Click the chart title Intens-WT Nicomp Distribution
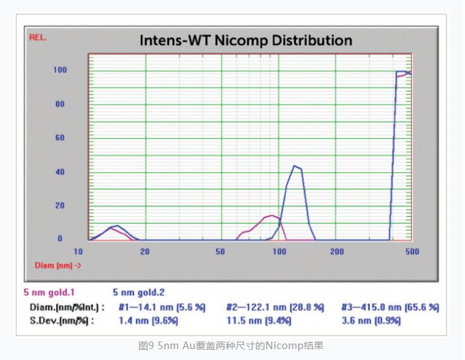pos(246,40)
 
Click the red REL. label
pos(38,37)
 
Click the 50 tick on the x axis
pos(220,251)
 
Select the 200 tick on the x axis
pos(336,251)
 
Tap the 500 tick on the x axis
pos(411,251)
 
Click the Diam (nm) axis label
pos(58,264)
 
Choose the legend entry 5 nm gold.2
pos(139,292)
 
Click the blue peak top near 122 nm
pos(295,165)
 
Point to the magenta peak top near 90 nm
pos(273,216)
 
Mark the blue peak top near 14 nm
pos(117,225)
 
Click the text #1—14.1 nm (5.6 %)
pos(161,307)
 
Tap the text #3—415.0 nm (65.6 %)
pos(389,307)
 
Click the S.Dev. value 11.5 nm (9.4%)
pos(258,320)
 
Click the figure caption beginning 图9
pos(232,345)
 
